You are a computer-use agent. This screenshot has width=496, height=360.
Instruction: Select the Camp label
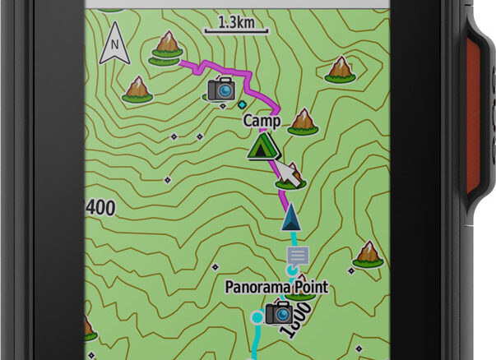pos(262,121)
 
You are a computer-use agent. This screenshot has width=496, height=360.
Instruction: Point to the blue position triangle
pos(290,219)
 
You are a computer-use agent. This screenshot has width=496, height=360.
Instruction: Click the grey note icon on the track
pos(297,256)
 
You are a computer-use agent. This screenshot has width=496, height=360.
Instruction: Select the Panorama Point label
pos(276,288)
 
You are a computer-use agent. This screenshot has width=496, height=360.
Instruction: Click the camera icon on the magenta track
pos(221,89)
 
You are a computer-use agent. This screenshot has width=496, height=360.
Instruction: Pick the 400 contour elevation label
pos(100,208)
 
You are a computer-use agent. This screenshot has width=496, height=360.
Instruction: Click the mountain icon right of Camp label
pos(305,121)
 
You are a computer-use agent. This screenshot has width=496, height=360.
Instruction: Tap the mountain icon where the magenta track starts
pos(167,47)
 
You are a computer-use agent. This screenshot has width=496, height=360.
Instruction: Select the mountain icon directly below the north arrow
pos(137,89)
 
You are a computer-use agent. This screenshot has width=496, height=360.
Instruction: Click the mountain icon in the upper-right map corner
pos(339,70)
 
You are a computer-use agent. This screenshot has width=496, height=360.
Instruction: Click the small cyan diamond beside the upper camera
pos(241,105)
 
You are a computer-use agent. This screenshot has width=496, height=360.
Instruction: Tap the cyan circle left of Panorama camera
pos(257,316)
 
